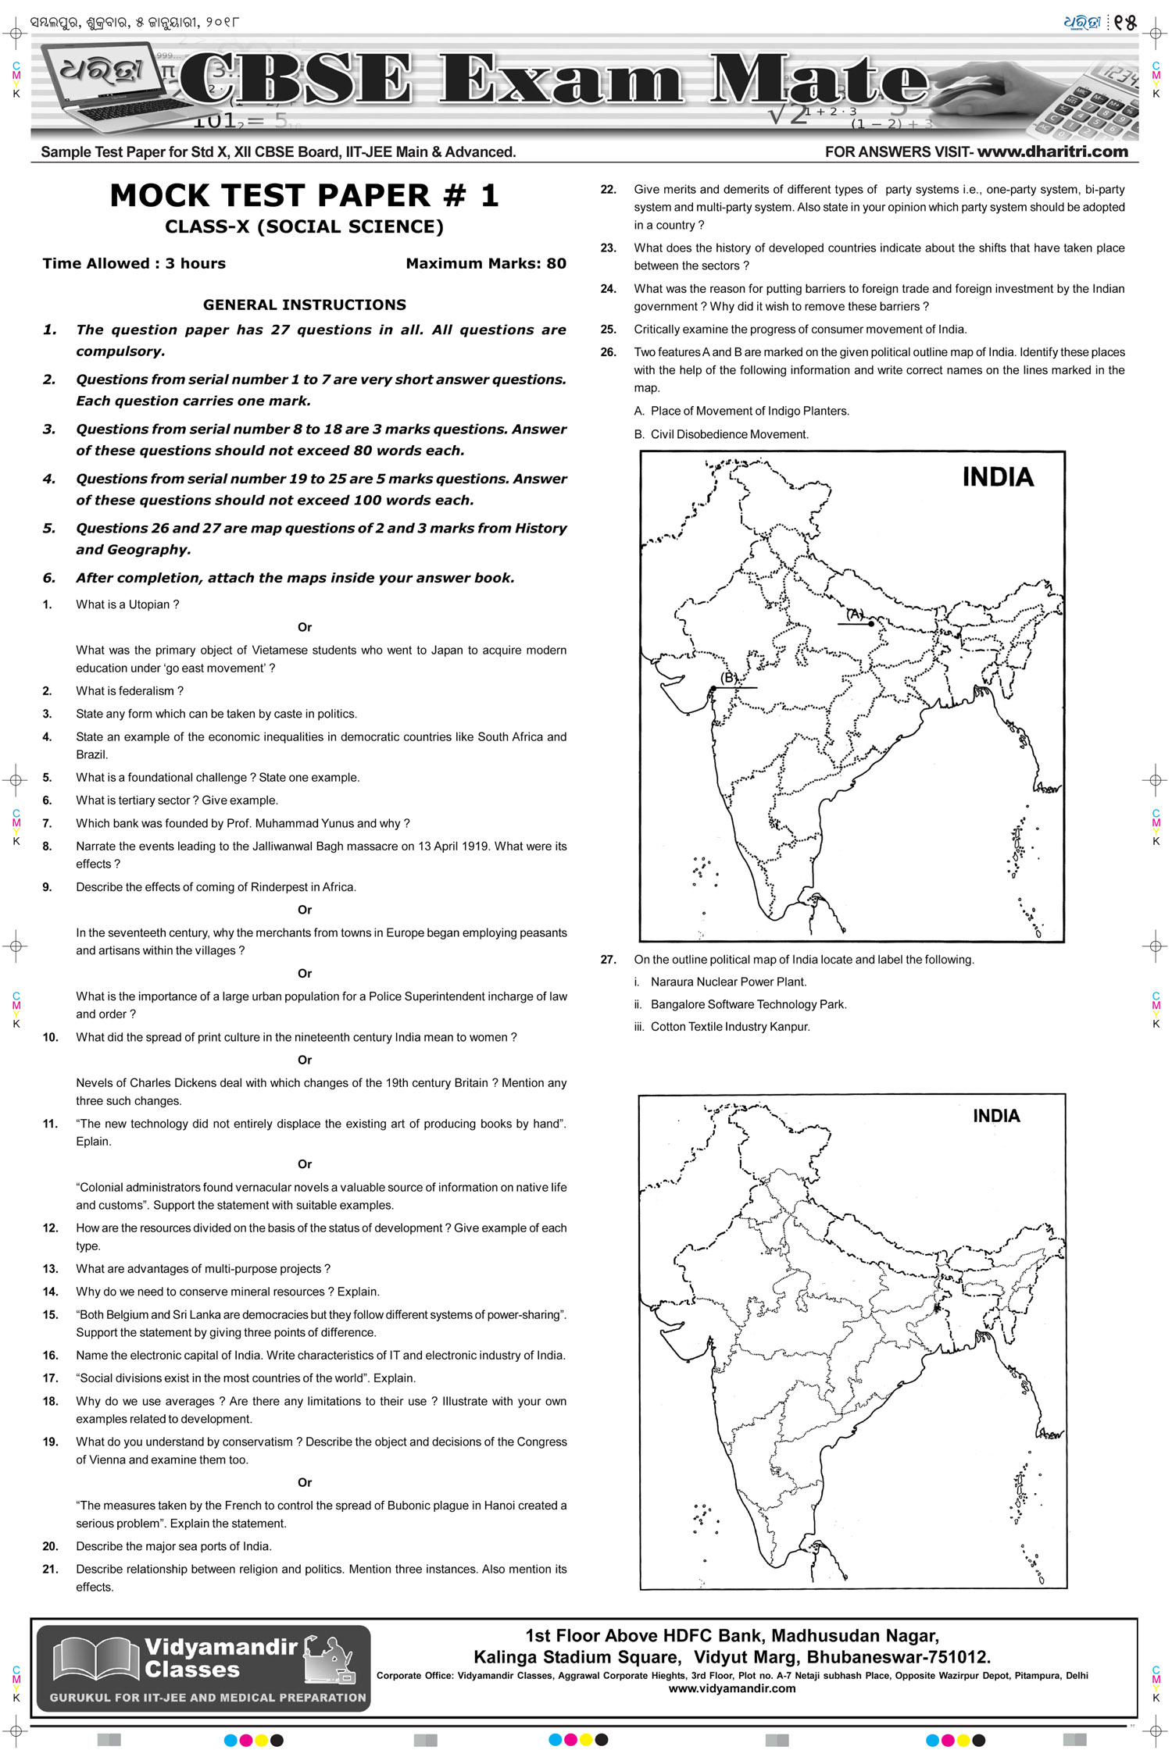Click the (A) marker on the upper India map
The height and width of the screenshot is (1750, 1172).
[x=855, y=614]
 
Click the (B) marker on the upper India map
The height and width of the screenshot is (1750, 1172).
[x=729, y=678]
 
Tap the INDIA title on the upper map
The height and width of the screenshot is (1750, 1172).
[x=997, y=477]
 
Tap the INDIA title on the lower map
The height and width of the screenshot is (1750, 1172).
[x=995, y=1116]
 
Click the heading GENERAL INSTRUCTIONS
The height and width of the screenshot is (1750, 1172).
[x=304, y=305]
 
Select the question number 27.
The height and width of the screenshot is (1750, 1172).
[x=608, y=960]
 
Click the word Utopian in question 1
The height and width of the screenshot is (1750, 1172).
[x=148, y=604]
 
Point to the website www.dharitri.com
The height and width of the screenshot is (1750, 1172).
[x=1052, y=151]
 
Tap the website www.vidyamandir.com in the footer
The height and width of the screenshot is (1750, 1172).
[x=731, y=1688]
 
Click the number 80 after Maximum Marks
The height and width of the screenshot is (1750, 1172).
[x=556, y=264]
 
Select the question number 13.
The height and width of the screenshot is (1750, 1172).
[x=50, y=1269]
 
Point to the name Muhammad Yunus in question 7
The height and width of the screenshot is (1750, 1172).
[x=308, y=823]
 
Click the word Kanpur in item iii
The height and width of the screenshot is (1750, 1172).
[x=790, y=1027]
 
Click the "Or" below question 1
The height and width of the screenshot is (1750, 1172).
[x=304, y=627]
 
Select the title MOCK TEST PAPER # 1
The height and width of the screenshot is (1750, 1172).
[x=304, y=195]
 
